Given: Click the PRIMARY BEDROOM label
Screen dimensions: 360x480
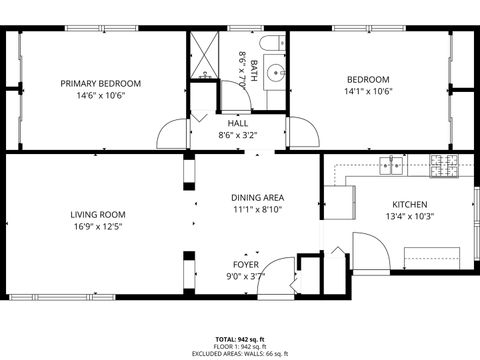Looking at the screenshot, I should [x=100, y=83].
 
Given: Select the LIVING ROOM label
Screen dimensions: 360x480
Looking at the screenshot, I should [x=97, y=214].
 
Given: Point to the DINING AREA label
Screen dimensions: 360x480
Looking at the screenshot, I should [x=257, y=198].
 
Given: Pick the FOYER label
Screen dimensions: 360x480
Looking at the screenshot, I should [x=246, y=264].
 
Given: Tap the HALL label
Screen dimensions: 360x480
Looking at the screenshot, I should [x=238, y=123].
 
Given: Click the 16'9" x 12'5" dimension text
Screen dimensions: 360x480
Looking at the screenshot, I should [x=97, y=227].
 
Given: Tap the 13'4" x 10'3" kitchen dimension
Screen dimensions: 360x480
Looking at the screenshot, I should [x=409, y=216].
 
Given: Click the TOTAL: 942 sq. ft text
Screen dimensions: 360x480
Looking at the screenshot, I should [x=240, y=339].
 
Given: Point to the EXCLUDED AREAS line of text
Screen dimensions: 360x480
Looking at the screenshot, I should [x=240, y=353].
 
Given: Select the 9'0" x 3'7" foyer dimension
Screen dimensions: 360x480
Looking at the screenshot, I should [x=246, y=276].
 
